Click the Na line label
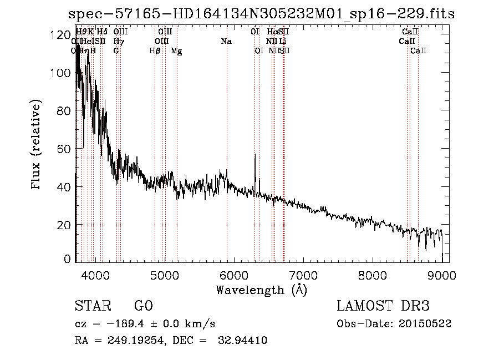(226, 42)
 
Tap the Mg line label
(176, 51)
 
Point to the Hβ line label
(155, 51)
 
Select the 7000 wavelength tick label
(303, 276)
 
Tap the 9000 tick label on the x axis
(442, 276)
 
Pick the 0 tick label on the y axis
(67, 259)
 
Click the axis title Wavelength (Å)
(261, 290)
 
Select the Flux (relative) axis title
(37, 146)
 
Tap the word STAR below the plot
(92, 307)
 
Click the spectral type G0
(143, 307)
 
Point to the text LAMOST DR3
(383, 307)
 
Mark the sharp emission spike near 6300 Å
(254, 156)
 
